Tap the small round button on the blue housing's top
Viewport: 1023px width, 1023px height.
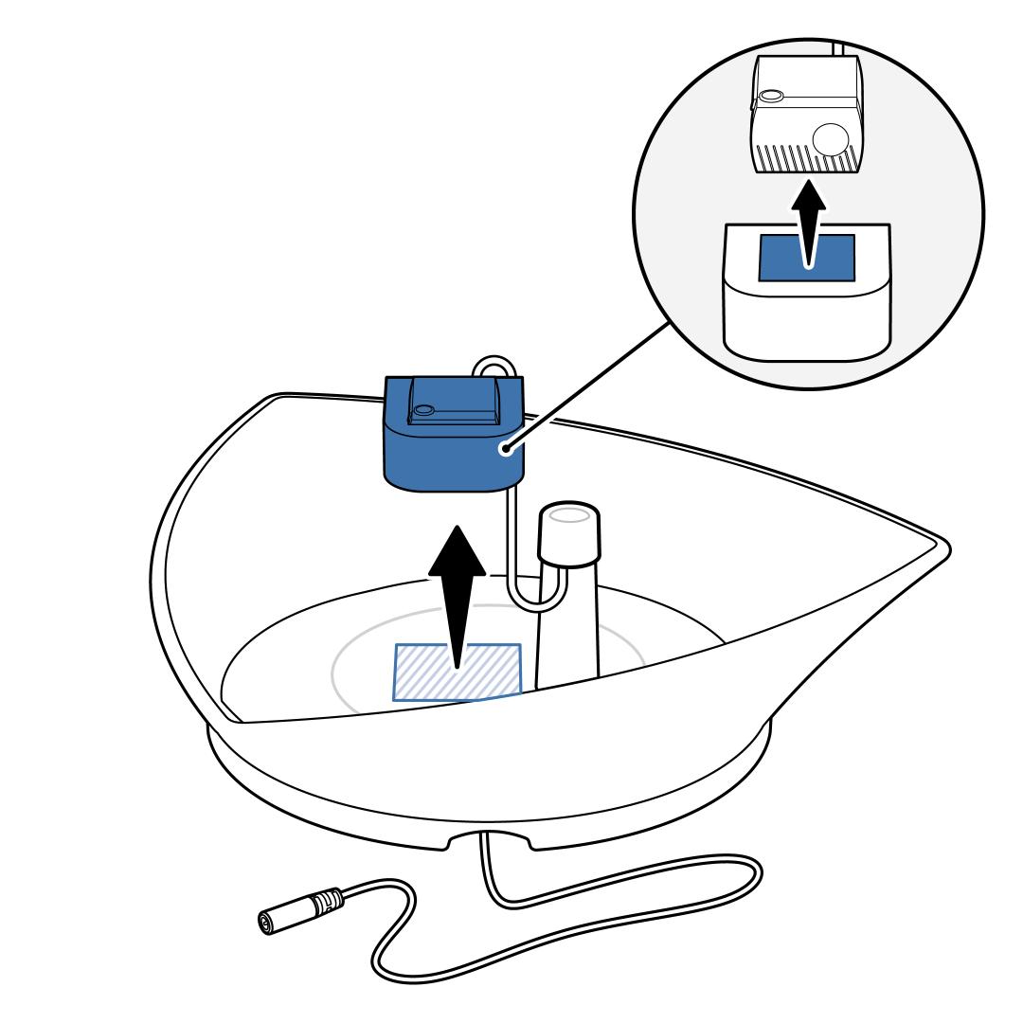point(423,410)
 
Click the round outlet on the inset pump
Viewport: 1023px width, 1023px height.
point(832,140)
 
